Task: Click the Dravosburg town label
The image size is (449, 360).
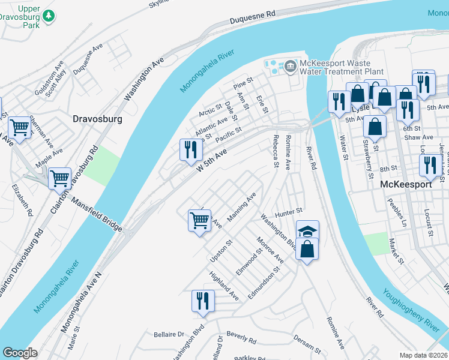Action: (x=97, y=119)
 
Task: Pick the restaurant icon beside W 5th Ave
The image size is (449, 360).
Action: (x=191, y=150)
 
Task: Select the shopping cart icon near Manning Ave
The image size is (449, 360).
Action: (x=200, y=220)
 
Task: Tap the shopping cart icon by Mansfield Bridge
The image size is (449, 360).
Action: (x=59, y=178)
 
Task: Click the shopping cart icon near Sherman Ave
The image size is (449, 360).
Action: (x=20, y=127)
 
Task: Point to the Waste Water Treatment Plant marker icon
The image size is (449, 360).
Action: (x=291, y=65)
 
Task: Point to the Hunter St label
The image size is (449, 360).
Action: (x=288, y=212)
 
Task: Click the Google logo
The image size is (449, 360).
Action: (x=20, y=353)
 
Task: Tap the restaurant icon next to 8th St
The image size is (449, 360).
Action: (x=430, y=165)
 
